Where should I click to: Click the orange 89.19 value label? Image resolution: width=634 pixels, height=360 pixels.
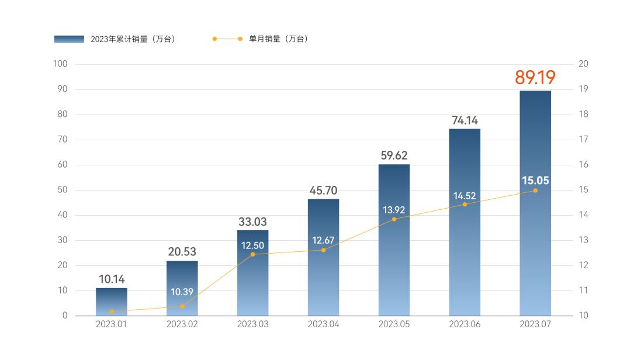point(535,78)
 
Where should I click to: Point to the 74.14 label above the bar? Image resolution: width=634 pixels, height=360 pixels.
point(465,120)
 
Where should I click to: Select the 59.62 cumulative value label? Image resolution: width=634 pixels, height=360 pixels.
point(394,155)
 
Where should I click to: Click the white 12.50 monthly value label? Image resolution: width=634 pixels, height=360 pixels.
point(253,245)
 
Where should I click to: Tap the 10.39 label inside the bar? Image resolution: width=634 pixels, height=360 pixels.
point(182,292)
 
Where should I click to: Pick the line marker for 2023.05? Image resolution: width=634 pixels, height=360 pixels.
point(394,219)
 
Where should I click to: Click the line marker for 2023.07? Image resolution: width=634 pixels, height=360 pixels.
point(535,191)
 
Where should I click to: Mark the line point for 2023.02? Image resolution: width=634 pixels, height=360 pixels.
point(182,306)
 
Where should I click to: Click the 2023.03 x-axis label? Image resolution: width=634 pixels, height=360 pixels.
point(253,324)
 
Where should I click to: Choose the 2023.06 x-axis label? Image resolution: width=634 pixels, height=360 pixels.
point(465,324)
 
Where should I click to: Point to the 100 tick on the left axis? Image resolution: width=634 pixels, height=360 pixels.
point(61,64)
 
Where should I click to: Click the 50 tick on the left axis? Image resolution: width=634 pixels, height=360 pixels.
point(63,190)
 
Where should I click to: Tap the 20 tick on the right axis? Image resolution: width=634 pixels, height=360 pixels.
point(583,64)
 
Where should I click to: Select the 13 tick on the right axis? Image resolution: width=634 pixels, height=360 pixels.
point(583,240)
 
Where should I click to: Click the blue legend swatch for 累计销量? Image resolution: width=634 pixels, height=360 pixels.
point(69,39)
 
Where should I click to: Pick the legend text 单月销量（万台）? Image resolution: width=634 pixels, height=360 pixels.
point(279,39)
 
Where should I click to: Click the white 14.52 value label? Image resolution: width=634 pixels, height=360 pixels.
point(465,196)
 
